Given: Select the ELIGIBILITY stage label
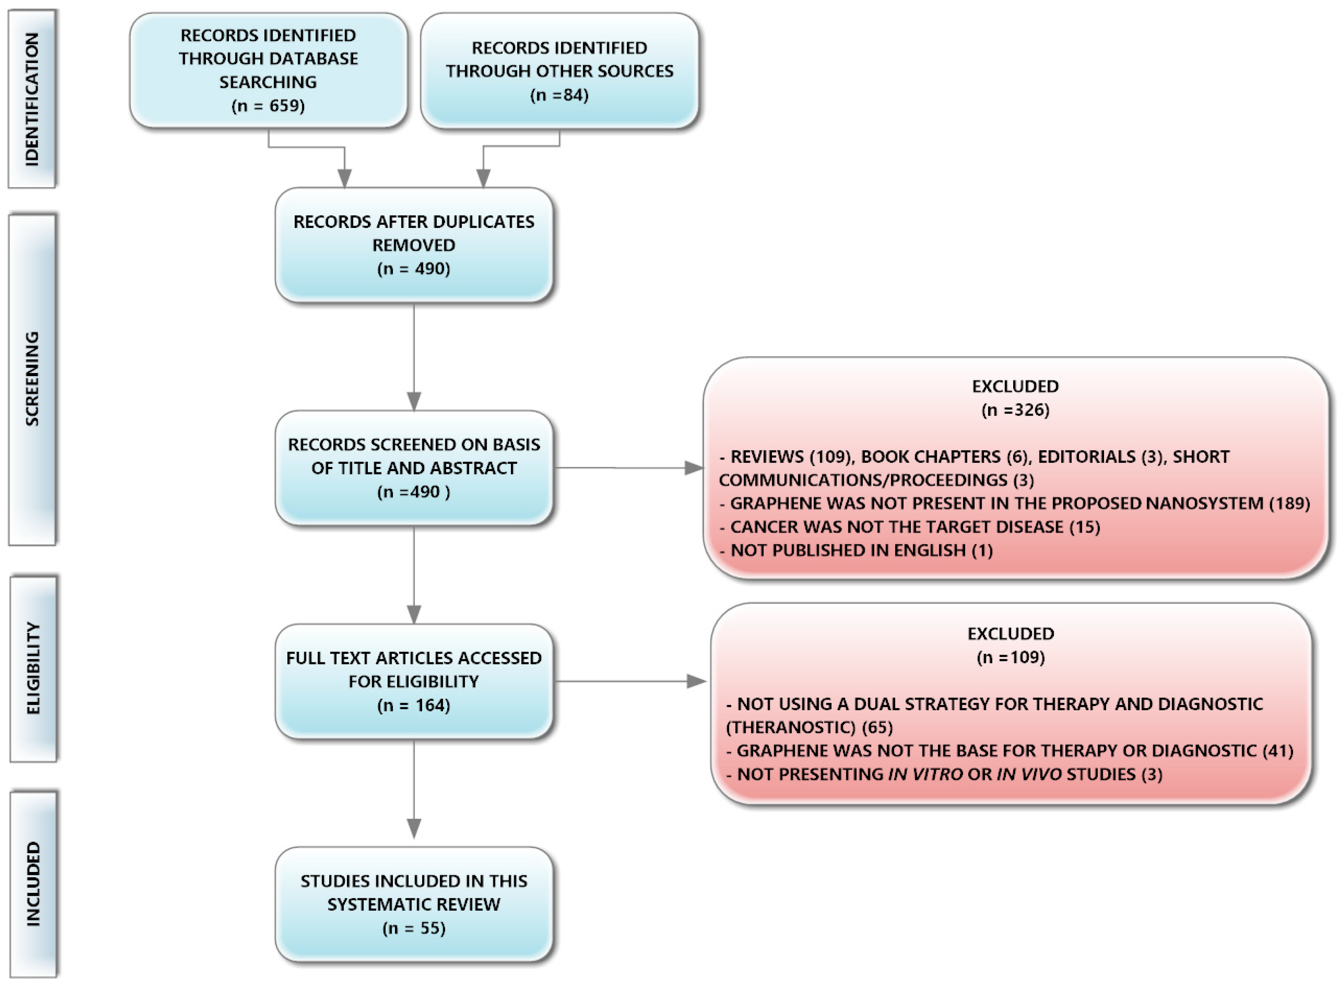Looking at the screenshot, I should pos(33,669).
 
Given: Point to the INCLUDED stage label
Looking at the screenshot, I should pos(33,885).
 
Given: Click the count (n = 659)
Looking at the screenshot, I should pos(268,106).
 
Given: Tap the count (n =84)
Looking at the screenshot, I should pos(559,95).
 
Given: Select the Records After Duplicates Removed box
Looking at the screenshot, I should pos(413,245).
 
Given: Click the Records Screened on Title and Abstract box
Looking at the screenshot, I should pos(413,468).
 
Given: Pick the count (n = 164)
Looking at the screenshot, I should pos(413,705).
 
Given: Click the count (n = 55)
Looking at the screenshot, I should pos(413,928).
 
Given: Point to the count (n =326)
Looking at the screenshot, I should pos(1015,410).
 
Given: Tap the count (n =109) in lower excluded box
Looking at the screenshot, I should pos(1010,657).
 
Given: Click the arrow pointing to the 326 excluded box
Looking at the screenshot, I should pos(693,468).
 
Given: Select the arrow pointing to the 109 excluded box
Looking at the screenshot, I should pos(696,681).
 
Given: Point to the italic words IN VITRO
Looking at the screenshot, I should pos(925,774).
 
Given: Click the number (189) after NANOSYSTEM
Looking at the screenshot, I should pos(1289,503).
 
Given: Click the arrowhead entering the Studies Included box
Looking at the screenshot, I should pos(413,829).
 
